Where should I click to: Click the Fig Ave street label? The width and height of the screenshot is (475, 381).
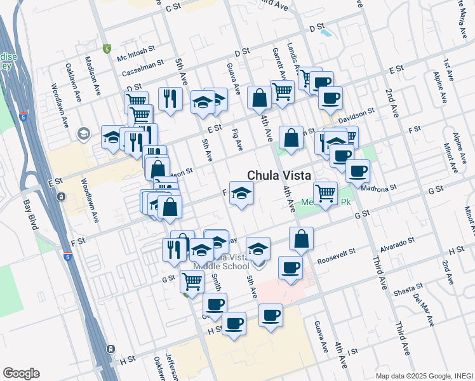pos(239,141)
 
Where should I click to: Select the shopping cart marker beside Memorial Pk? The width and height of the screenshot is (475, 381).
pos(326,192)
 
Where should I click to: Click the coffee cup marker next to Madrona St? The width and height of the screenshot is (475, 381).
pos(358,170)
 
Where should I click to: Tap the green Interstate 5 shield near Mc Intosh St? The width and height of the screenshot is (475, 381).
pos(107,48)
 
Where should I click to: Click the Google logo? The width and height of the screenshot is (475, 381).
pos(21,373)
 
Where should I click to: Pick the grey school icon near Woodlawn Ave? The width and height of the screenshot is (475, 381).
pos(83,133)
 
